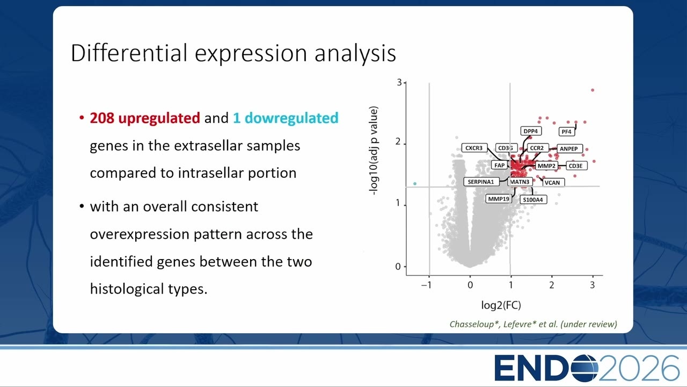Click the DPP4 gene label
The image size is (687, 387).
point(531,131)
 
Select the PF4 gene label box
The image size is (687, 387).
point(566,132)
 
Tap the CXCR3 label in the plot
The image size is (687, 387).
point(474,148)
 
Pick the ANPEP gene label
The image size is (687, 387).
point(569,149)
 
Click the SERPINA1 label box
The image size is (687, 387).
point(481,182)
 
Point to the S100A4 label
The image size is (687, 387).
point(533,199)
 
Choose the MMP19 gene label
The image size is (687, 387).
point(499,199)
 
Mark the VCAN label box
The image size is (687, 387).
point(553,182)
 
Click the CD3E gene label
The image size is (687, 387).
point(576,166)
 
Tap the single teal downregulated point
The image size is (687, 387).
point(415,184)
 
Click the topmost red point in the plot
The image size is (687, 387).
point(593,90)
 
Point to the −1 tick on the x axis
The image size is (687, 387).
point(426,285)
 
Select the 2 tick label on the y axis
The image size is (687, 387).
point(398,141)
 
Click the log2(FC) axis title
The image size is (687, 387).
point(501,305)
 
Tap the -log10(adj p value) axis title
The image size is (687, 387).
point(374,150)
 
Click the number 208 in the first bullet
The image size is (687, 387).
point(102,118)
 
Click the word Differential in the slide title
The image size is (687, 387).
point(129,53)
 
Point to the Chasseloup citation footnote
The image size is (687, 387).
point(533,324)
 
